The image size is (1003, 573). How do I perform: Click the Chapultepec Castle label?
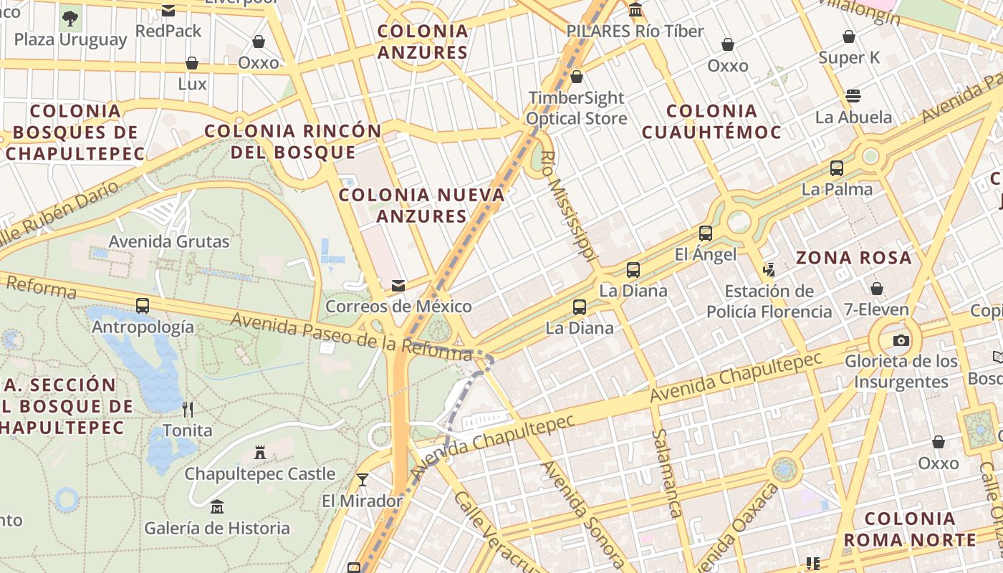(x=259, y=474)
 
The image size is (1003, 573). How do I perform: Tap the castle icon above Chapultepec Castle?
(x=260, y=453)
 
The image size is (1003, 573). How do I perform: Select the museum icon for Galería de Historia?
(x=217, y=507)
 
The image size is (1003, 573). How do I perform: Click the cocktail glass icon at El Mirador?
(x=363, y=479)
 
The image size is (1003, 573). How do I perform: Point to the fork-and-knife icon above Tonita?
(x=188, y=409)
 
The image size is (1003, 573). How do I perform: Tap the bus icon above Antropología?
(x=143, y=306)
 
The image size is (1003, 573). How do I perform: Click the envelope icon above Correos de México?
(x=398, y=286)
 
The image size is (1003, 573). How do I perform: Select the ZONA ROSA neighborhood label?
(x=854, y=258)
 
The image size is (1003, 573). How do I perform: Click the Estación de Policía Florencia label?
(x=769, y=302)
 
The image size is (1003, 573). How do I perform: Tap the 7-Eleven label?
(x=875, y=310)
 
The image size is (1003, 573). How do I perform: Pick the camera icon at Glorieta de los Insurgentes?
(x=901, y=340)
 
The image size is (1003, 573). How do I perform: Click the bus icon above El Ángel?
(x=706, y=233)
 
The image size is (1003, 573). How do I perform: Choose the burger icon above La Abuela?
(x=853, y=96)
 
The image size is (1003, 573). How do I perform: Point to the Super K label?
(x=849, y=58)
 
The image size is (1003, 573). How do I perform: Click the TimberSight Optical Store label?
(x=577, y=108)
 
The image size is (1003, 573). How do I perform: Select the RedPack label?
(x=168, y=32)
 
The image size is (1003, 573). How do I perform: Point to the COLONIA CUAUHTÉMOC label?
(x=711, y=122)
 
